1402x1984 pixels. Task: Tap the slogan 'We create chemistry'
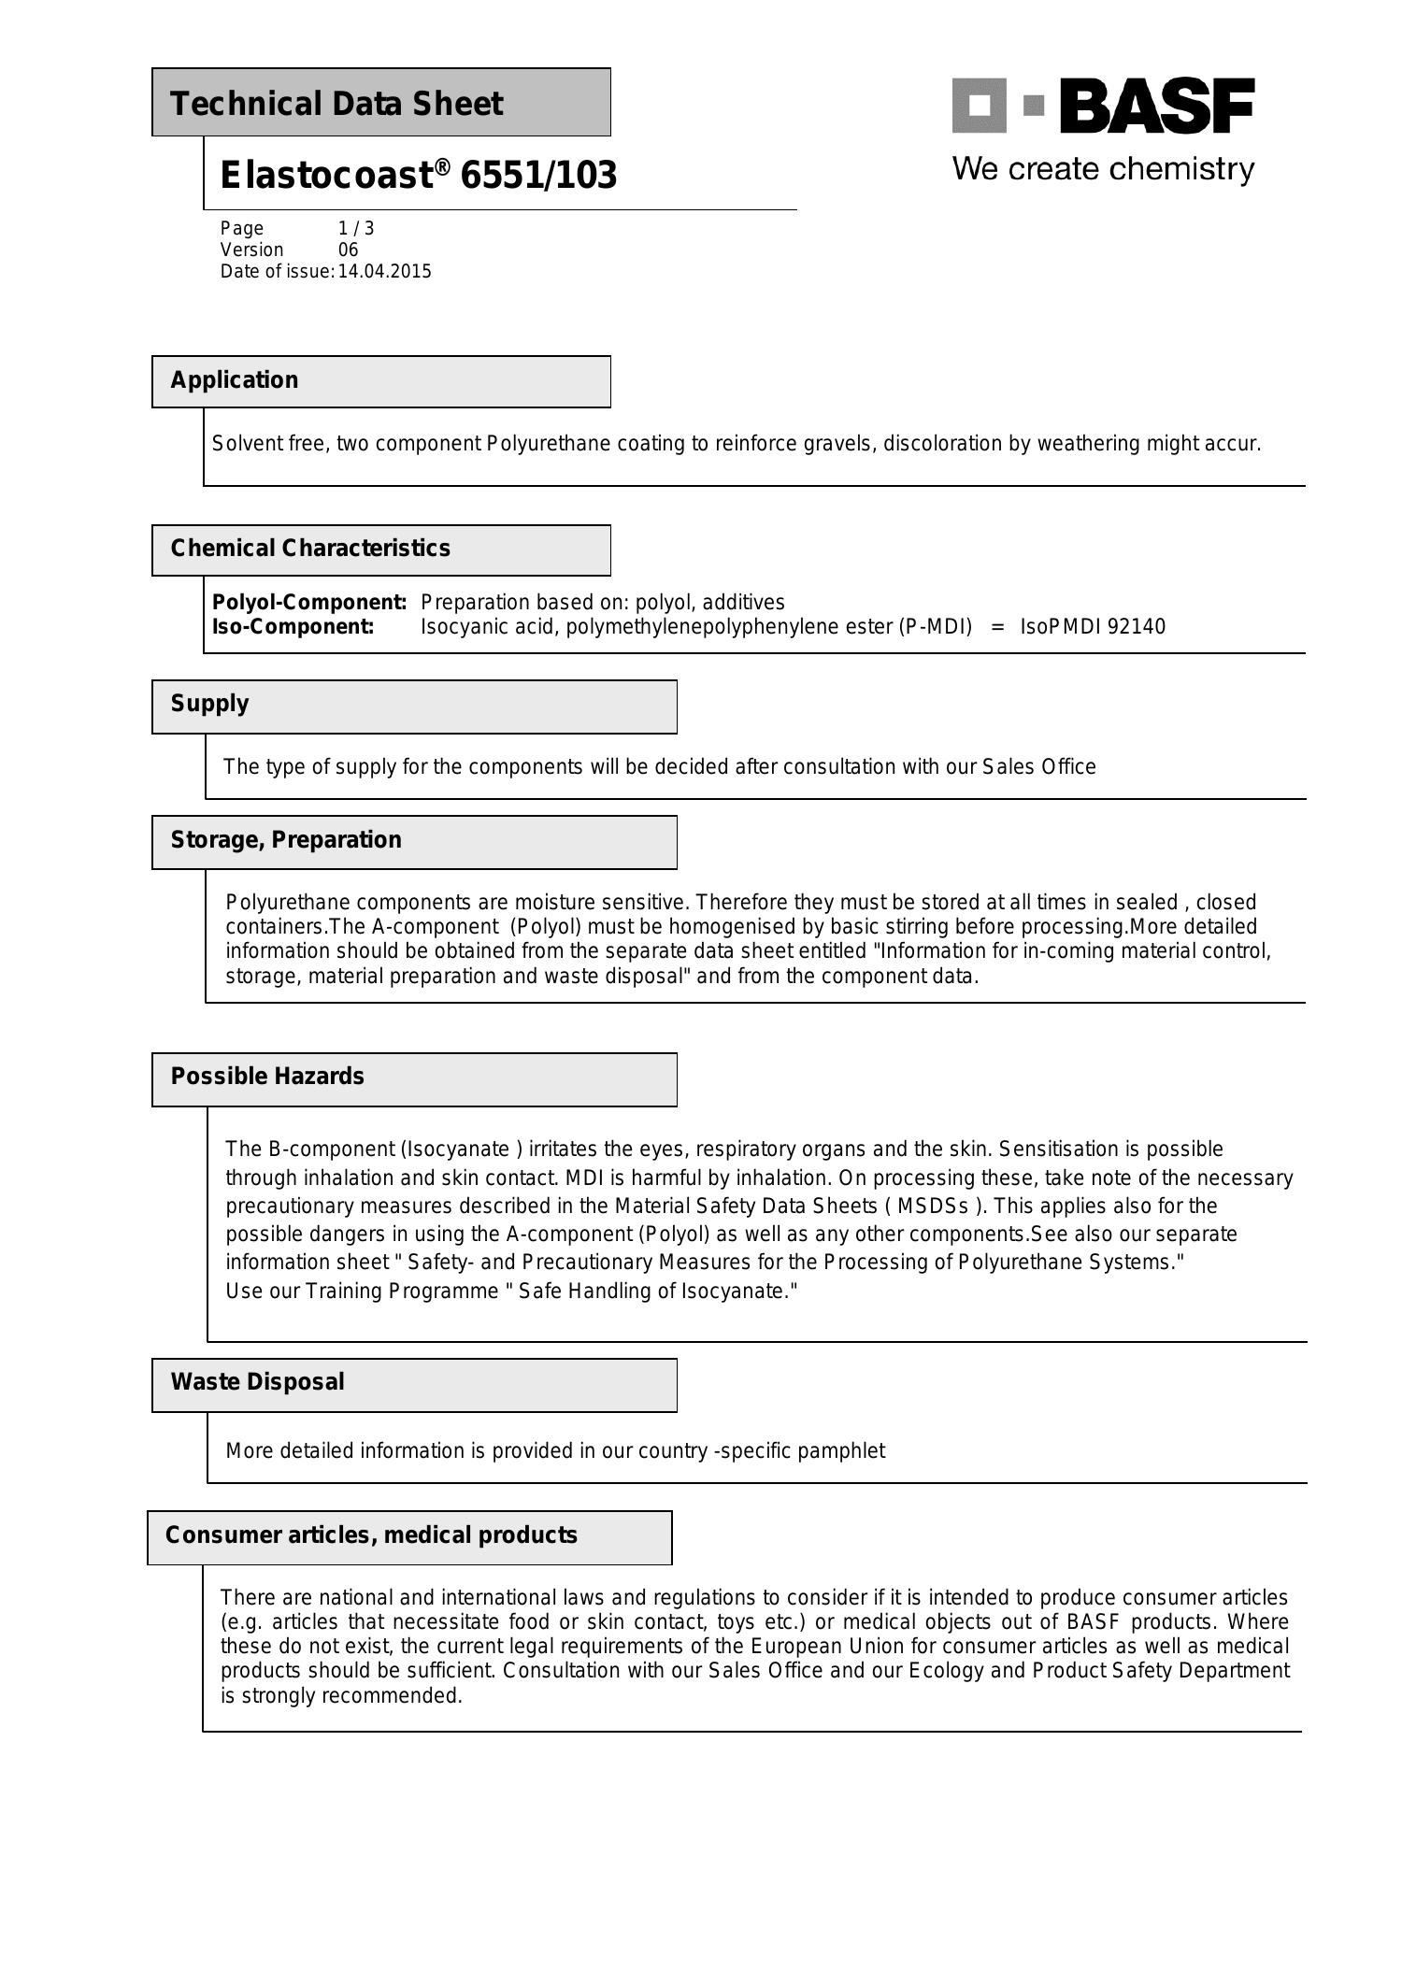1103,169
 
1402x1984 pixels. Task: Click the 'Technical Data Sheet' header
336,104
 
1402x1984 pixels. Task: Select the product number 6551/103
538,176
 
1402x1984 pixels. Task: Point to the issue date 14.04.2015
384,272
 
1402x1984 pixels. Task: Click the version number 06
348,250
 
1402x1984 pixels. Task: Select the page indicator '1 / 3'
356,228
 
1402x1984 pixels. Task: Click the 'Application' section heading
235,380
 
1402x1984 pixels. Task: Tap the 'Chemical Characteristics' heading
310,549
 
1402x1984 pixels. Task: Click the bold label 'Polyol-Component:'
309,602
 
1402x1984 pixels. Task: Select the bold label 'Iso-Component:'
293,626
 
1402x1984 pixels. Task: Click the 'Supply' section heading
210,704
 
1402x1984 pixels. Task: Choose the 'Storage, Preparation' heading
286,840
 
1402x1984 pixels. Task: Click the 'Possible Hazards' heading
267,1077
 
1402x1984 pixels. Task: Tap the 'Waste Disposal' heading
257,1382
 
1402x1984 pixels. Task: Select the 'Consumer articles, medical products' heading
371,1535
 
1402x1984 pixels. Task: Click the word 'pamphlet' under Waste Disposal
845,1450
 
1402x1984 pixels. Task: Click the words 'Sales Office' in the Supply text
1038,767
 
